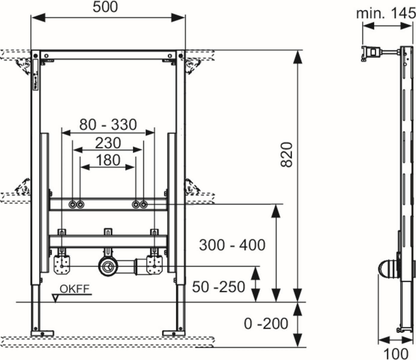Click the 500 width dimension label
tap(105, 7)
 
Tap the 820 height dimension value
tap(287, 155)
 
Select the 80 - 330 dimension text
tap(108, 124)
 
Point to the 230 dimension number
tap(108, 143)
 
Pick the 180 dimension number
tap(108, 160)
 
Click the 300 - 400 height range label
tap(232, 245)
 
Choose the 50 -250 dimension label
tap(218, 287)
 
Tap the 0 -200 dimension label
tap(266, 323)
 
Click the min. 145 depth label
tap(386, 13)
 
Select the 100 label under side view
tap(396, 353)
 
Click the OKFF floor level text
tap(75, 289)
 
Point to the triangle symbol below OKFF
tap(55, 298)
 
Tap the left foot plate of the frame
tap(42, 333)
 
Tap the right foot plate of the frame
tap(174, 333)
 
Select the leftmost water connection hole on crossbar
tap(73, 205)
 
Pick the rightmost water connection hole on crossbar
tap(144, 205)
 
